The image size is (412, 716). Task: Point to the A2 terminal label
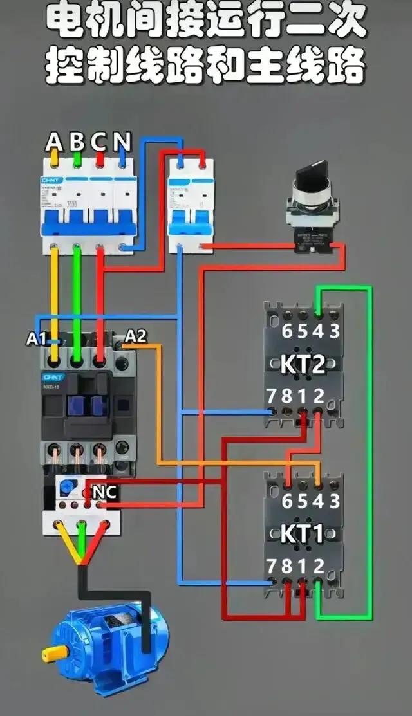(x=136, y=336)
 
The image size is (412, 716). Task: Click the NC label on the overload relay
(x=104, y=492)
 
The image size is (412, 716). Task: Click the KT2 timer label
(x=303, y=365)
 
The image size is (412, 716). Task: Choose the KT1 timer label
(x=302, y=534)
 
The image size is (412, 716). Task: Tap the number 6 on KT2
(x=286, y=332)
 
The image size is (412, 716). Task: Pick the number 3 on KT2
(x=334, y=332)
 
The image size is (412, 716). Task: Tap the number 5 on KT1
(x=303, y=500)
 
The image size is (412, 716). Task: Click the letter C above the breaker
(x=99, y=140)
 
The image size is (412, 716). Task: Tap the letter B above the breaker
(x=77, y=140)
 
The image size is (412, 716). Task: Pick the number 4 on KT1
(x=319, y=500)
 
